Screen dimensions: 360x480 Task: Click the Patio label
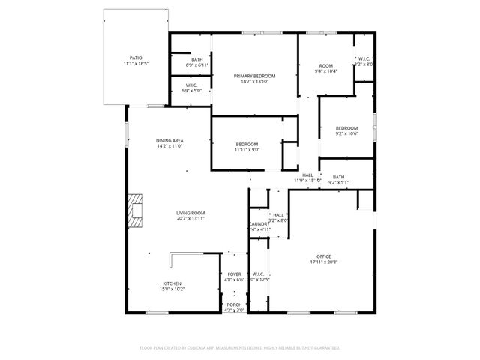pos(136,58)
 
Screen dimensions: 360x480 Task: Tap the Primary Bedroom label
pos(254,76)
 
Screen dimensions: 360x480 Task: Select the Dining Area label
pos(170,141)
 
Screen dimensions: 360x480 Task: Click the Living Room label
pos(190,213)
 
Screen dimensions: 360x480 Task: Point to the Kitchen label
pos(172,283)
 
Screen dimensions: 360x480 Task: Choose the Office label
pos(324,256)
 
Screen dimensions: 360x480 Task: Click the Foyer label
pos(235,274)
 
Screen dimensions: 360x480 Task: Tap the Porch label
pos(235,304)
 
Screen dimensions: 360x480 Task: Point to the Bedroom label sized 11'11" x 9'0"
pos(247,144)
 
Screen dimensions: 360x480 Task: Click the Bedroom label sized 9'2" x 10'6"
pos(346,128)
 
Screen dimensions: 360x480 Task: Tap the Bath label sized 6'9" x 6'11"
pos(196,60)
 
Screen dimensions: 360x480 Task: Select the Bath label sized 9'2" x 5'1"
pos(339,177)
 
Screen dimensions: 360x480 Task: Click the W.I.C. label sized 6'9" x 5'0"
pos(192,85)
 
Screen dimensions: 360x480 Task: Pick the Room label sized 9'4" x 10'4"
pos(326,66)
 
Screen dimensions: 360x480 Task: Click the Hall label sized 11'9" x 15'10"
pos(307,175)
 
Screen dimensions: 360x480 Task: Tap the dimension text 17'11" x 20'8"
pos(324,262)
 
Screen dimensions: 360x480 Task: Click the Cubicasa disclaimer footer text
pos(240,348)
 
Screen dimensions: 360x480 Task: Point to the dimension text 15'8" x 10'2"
pos(172,289)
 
